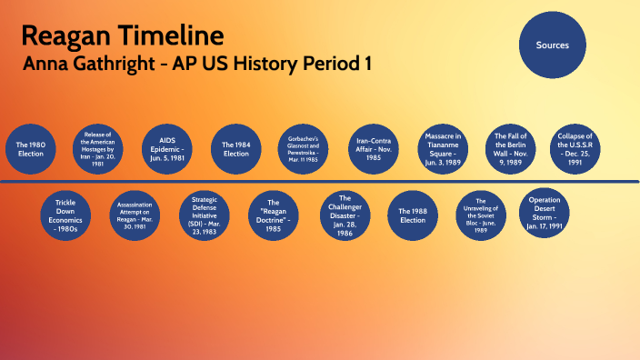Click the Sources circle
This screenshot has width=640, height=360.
tap(552, 45)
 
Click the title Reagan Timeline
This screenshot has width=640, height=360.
tap(122, 36)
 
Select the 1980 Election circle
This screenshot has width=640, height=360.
tap(30, 148)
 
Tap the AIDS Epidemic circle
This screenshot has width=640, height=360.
tap(166, 146)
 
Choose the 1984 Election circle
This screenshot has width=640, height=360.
tap(235, 147)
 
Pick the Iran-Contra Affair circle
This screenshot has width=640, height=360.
tap(373, 147)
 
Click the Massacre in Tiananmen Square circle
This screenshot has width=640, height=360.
tap(443, 147)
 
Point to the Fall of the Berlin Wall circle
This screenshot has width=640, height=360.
tap(511, 146)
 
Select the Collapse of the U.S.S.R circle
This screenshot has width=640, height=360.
tap(575, 147)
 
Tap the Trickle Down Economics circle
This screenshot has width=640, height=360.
tap(65, 215)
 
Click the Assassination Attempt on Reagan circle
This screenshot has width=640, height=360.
tap(135, 215)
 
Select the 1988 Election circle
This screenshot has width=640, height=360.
tap(413, 215)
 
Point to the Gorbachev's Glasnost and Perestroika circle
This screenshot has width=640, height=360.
tap(305, 147)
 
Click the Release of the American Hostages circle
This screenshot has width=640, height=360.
tap(97, 146)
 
